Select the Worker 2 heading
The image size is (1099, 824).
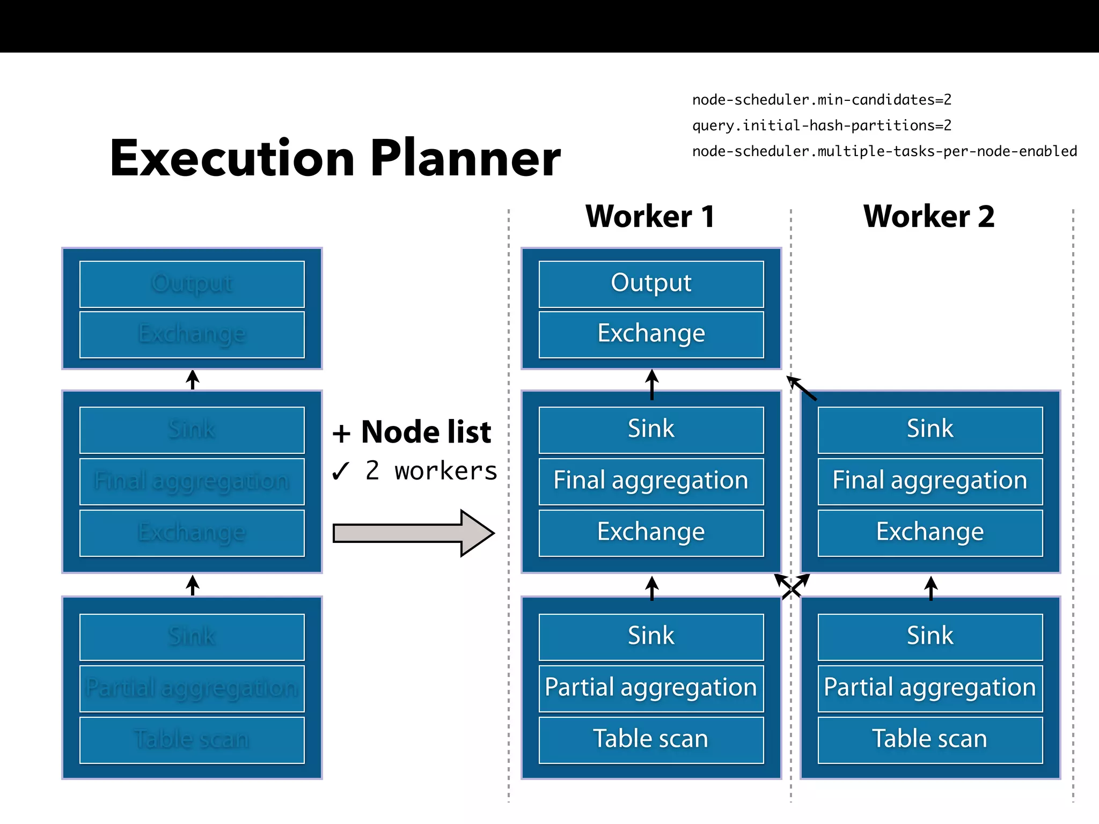[929, 217]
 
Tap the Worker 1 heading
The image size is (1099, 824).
[650, 217]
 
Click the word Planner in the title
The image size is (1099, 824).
[465, 159]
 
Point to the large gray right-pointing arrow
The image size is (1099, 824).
[413, 533]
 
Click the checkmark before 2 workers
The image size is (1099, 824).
[341, 472]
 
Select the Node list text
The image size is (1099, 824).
[426, 432]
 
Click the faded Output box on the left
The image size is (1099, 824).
[192, 284]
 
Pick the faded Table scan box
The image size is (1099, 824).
[192, 740]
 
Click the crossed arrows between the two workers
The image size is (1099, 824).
[792, 586]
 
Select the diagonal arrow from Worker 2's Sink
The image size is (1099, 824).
[802, 388]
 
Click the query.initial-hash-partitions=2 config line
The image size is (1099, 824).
[822, 126]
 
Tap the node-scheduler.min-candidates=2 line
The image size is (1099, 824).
[822, 100]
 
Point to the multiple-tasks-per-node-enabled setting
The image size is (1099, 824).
[884, 151]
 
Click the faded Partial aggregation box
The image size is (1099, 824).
[192, 688]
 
